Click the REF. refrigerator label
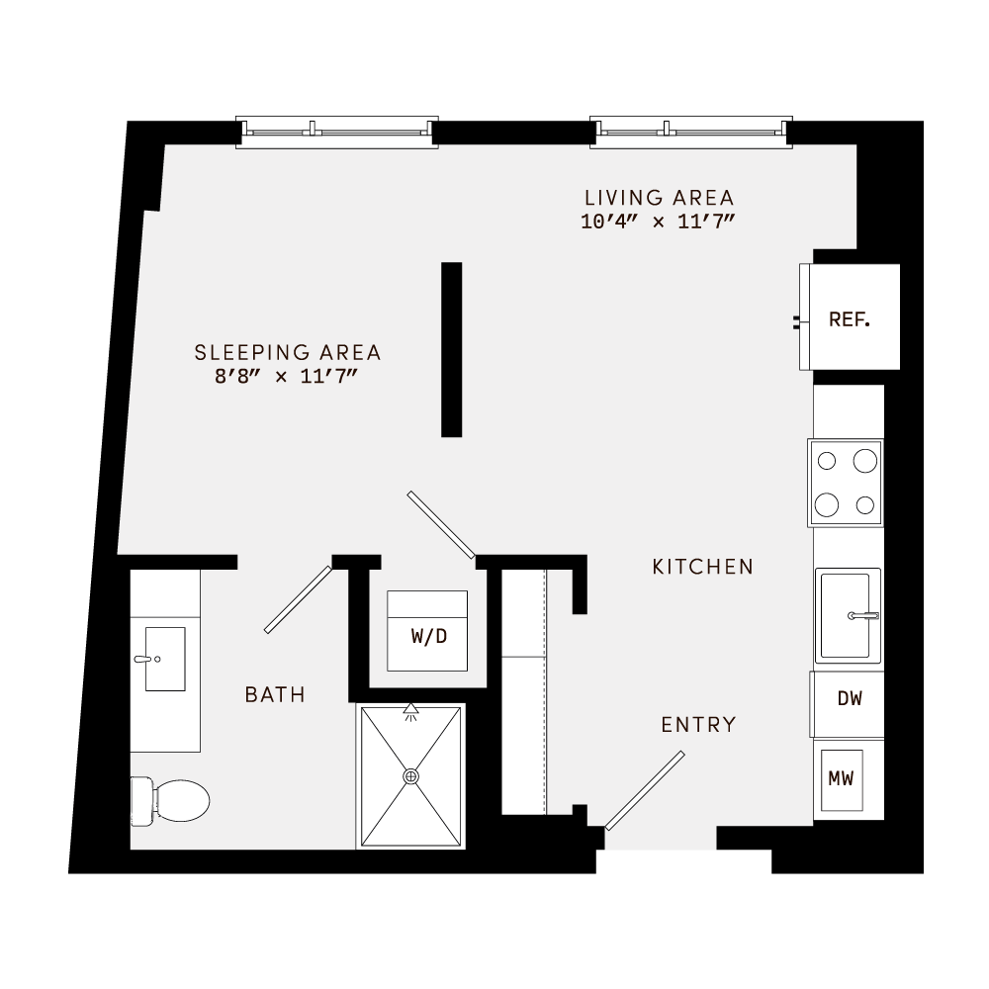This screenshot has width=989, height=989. [850, 319]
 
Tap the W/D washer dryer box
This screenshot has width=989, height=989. [428, 635]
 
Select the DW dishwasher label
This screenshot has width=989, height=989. [850, 699]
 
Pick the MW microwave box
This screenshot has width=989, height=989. [841, 778]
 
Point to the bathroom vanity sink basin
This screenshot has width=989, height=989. [165, 659]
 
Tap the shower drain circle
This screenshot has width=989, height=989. [411, 777]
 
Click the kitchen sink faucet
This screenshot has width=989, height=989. [863, 615]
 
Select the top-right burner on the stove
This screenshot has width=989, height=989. [865, 460]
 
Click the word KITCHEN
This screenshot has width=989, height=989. [703, 567]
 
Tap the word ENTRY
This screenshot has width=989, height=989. [699, 724]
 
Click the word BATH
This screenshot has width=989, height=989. [275, 695]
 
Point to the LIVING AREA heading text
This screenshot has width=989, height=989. [659, 198]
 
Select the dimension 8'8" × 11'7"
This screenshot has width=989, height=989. [287, 376]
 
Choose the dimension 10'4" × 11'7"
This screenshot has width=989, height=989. [659, 222]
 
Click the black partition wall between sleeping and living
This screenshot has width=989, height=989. [452, 349]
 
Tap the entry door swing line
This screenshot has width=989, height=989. [645, 790]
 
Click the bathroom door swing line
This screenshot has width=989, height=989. [298, 598]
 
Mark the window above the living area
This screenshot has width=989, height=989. [691, 132]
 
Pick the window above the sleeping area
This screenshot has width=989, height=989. [337, 132]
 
